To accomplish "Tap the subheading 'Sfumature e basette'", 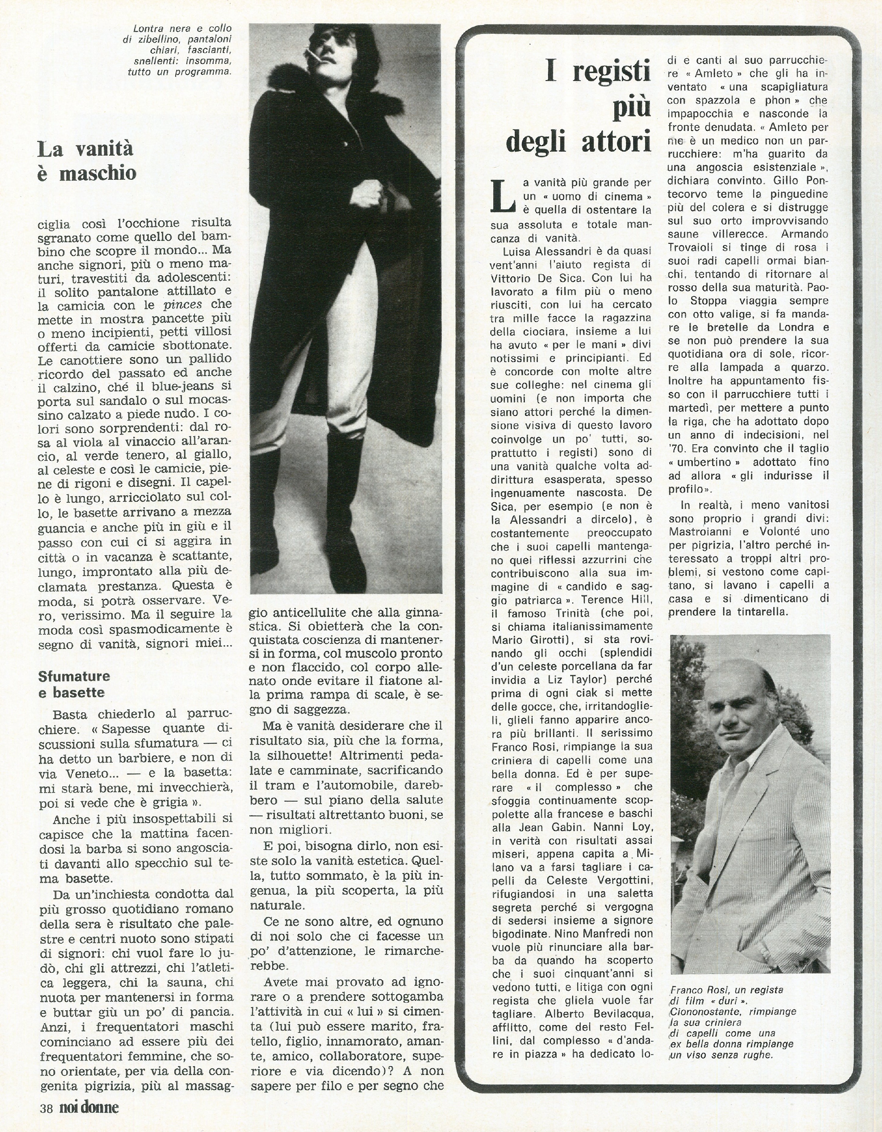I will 74,684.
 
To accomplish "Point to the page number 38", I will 46,1108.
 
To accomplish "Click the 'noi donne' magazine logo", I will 89,1108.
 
